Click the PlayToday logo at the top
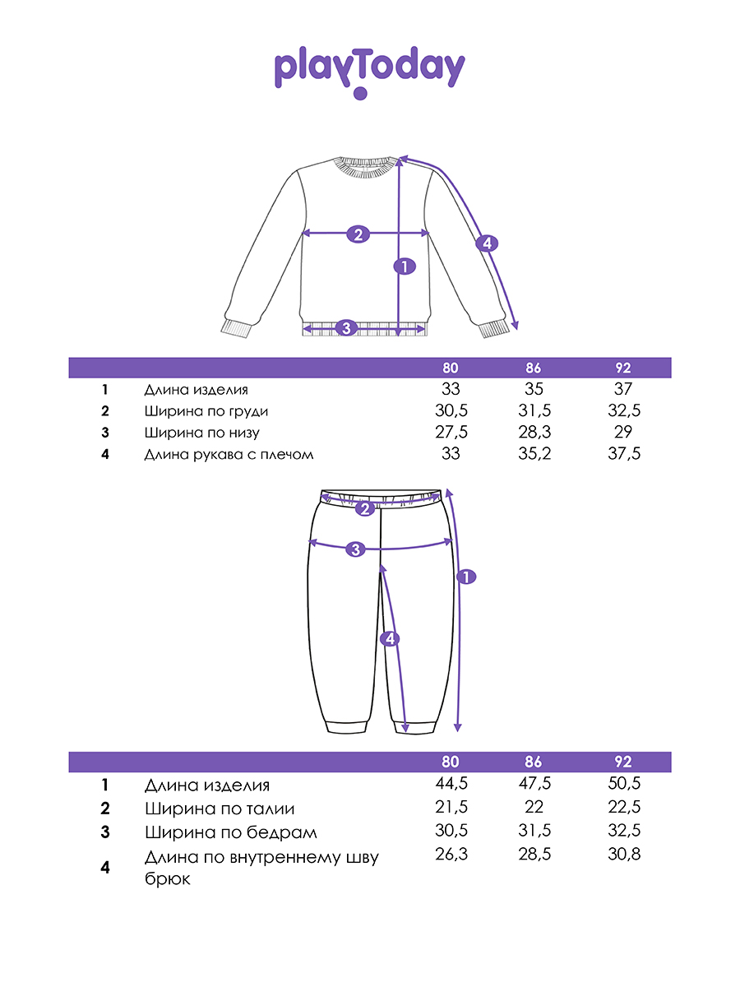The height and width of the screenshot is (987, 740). coord(369,71)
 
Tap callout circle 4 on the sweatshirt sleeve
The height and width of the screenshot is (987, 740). coord(486,243)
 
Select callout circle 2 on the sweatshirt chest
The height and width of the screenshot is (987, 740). coord(358,234)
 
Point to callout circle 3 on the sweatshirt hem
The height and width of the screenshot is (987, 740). coord(346,328)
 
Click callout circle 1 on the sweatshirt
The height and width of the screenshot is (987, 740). coord(404,266)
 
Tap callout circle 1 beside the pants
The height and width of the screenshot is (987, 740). coord(465,577)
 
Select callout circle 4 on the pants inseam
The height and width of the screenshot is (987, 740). coord(391,638)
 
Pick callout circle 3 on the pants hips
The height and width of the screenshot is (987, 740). coord(355,549)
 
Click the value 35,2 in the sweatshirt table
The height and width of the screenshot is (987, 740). coord(533,454)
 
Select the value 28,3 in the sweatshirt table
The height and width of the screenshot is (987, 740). coord(533,433)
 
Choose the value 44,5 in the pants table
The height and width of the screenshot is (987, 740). coord(450,785)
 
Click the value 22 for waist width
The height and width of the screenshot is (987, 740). coord(533,808)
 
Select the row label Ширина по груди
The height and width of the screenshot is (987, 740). coord(206,411)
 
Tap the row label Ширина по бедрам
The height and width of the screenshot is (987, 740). coord(230,832)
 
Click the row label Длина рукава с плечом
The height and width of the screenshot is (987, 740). coord(229,454)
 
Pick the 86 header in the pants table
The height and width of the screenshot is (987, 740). coord(533,762)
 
